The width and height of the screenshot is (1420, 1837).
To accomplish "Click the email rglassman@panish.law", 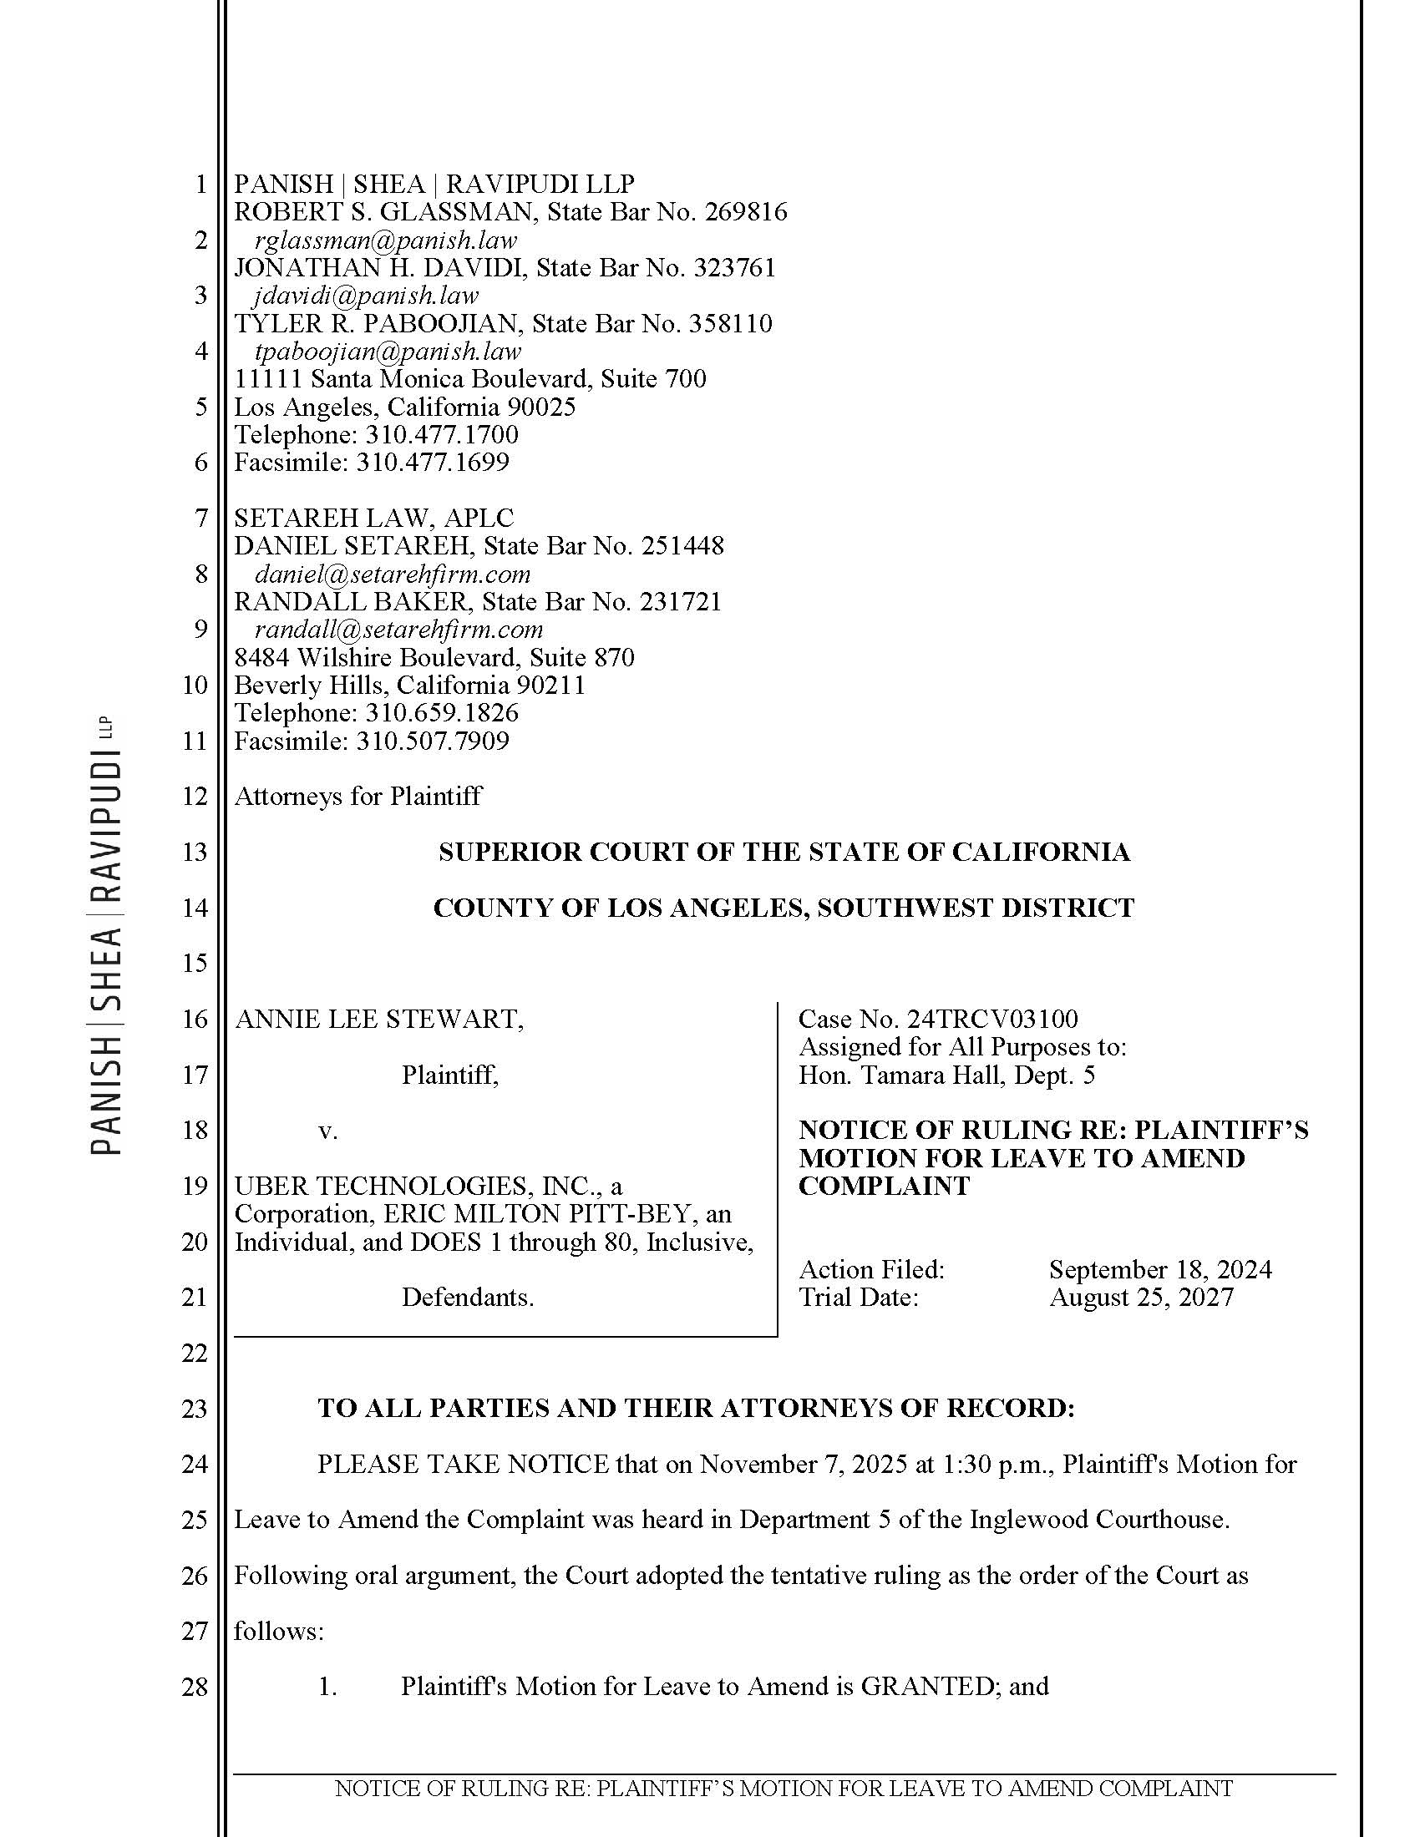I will click(385, 240).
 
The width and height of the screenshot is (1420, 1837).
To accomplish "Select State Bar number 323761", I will click(733, 268).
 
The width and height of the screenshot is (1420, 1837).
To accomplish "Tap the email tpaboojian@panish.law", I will click(387, 352).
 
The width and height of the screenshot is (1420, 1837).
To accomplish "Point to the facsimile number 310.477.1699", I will click(433, 462).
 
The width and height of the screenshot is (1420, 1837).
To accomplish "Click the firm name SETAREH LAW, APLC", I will click(373, 519).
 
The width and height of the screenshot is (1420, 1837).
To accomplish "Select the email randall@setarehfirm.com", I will click(398, 630).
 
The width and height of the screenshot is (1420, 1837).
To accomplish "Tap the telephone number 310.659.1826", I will click(441, 713).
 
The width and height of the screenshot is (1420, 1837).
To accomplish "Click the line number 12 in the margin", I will click(195, 797).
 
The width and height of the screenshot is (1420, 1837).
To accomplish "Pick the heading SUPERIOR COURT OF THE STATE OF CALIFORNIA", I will click(784, 852).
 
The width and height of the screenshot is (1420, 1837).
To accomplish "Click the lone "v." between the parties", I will click(328, 1131).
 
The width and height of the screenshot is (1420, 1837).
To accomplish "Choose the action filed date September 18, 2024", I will click(1160, 1269).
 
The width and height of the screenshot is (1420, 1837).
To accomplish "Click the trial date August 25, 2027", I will click(1141, 1297).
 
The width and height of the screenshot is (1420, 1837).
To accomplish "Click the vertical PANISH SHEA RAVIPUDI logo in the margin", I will click(108, 934).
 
